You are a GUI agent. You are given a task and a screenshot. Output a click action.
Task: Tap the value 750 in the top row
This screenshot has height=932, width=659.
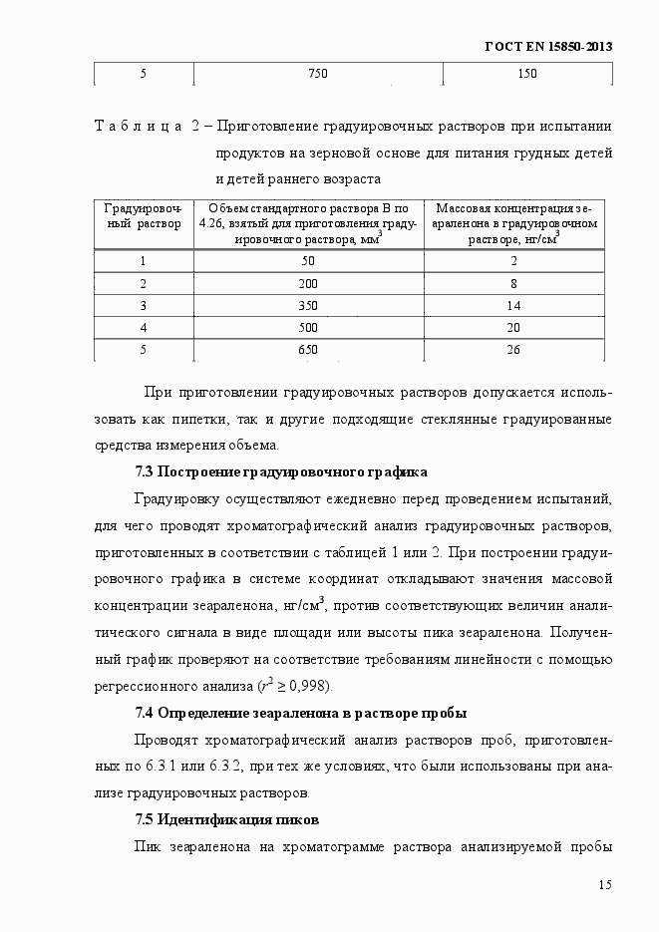[x=317, y=74]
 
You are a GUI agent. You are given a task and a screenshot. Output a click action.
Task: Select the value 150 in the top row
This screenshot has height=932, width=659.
[x=527, y=74]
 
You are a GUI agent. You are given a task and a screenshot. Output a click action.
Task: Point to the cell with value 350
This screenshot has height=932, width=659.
[x=307, y=305]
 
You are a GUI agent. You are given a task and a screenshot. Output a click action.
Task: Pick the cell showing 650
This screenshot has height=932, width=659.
[x=307, y=349]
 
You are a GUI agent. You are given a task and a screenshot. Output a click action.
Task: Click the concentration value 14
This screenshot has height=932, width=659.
[x=513, y=305]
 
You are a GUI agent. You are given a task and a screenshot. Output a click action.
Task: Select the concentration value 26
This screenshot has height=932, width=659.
[x=513, y=349]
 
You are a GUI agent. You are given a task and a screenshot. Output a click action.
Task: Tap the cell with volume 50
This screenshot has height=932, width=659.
[x=307, y=261]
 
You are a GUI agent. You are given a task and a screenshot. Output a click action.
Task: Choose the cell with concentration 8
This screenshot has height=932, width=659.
[x=513, y=283]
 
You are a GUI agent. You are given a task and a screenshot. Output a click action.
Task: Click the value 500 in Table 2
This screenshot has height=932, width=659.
[x=307, y=327]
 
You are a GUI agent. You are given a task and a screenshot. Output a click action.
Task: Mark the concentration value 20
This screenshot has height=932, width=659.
[x=513, y=327]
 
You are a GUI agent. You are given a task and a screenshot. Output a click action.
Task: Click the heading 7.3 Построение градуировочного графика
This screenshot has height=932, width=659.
[x=281, y=471]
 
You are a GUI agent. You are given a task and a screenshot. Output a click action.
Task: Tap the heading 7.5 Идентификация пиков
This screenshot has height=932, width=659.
[x=226, y=820]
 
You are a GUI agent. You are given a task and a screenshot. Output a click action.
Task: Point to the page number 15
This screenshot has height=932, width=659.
[x=604, y=885]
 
